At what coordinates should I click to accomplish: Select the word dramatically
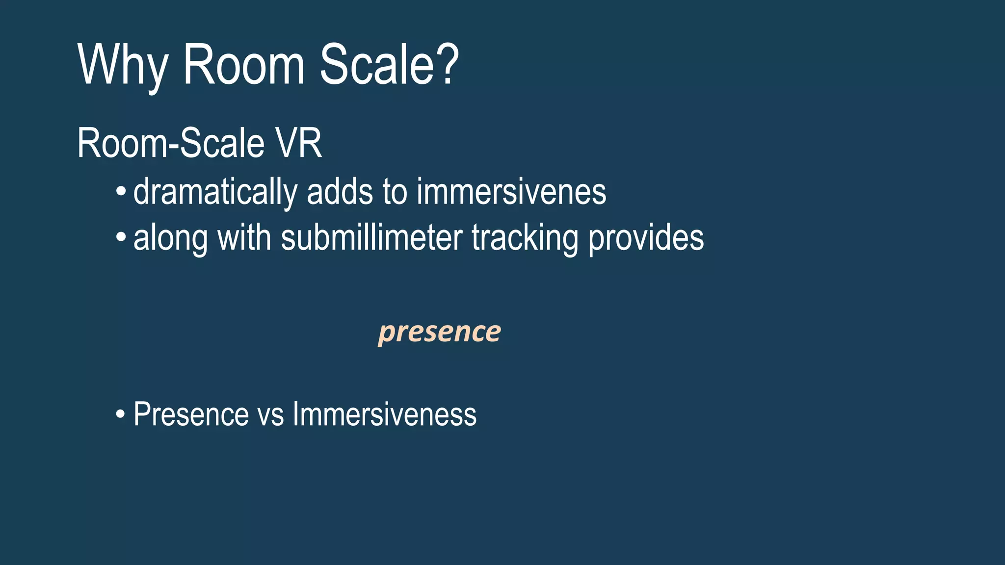tap(215, 192)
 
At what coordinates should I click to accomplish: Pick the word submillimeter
tap(371, 238)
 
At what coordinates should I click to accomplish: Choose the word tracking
tap(525, 239)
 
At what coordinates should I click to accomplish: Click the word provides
tap(646, 239)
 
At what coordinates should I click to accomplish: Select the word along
tap(170, 239)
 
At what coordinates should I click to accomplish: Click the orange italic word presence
tap(440, 332)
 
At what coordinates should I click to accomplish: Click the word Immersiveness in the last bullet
tap(384, 414)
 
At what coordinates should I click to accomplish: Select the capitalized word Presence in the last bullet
tap(191, 414)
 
